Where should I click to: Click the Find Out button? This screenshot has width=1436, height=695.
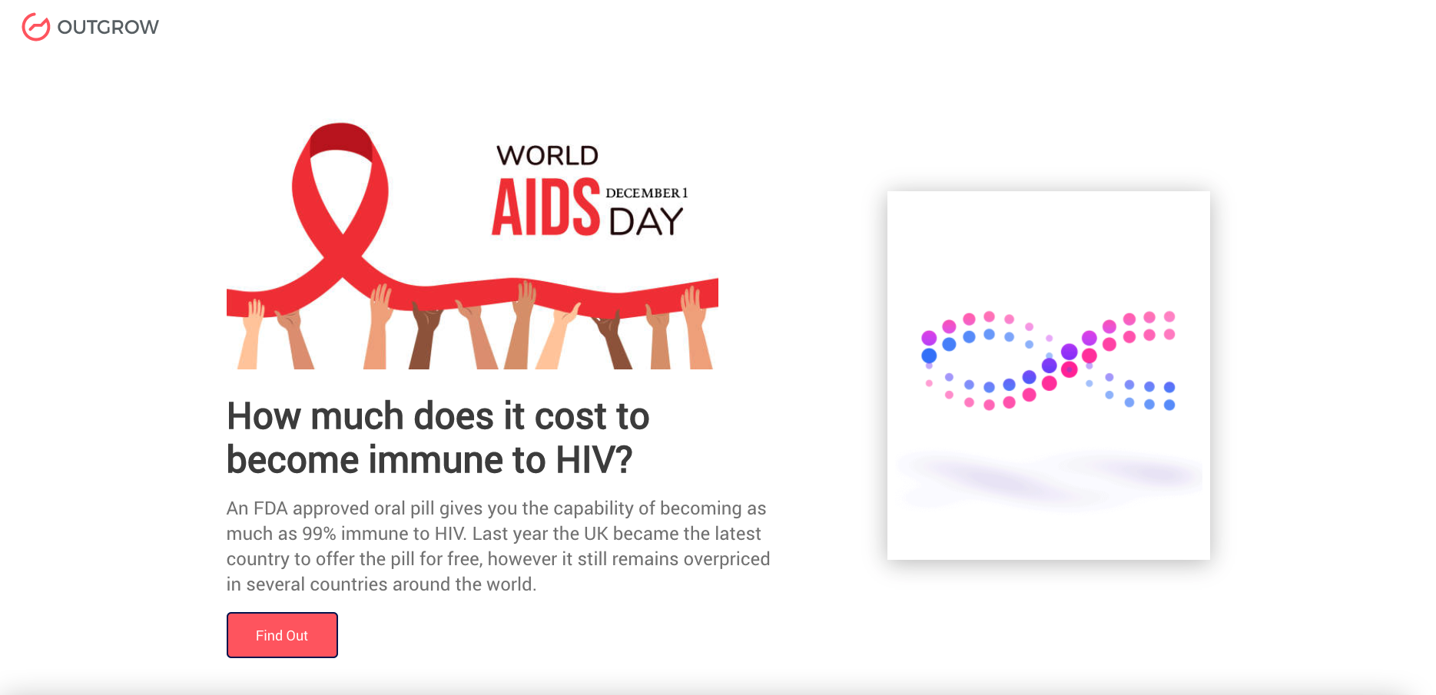point(282,635)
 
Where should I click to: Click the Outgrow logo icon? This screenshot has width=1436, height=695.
point(35,27)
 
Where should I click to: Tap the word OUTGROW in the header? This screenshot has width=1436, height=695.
point(108,27)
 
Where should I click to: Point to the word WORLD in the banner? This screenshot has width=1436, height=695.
point(547,156)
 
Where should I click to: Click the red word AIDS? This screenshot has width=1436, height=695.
point(546,207)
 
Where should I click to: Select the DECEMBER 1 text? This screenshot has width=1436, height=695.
point(646,193)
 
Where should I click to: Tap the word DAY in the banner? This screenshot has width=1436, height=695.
point(645,223)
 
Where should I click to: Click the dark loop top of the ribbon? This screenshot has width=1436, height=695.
point(340,139)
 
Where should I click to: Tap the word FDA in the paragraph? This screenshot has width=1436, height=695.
point(270,508)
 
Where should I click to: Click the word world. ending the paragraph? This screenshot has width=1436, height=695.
point(511,584)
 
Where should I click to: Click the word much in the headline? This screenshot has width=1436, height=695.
point(357,416)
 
